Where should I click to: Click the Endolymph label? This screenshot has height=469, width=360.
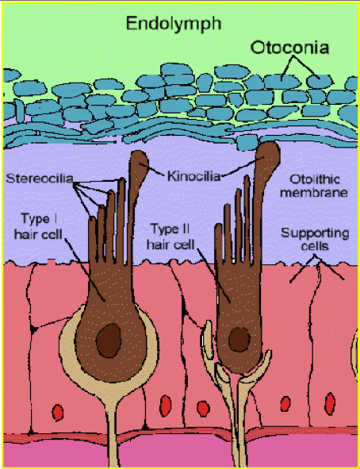tap(174, 24)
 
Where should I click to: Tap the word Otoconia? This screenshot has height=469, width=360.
tap(289, 48)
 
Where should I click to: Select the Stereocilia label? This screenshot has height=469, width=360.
tap(40, 179)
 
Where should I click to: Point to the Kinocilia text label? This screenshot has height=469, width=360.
tap(193, 176)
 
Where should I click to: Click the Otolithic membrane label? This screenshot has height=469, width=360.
tap(314, 186)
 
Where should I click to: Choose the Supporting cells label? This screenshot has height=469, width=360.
tap(315, 240)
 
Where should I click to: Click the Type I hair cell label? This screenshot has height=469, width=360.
tap(38, 226)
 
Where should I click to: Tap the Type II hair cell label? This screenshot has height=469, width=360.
tap(170, 236)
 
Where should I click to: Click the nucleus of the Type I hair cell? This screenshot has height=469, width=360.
tap(109, 340)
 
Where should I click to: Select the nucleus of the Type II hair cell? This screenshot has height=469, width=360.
tap(239, 340)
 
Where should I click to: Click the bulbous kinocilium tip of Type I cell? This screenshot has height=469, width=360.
tap(140, 163)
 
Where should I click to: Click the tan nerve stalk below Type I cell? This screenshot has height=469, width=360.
tap(111, 434)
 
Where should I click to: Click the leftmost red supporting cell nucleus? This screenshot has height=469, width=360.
tap(58, 413)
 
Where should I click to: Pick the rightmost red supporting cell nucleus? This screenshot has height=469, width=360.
tap(330, 403)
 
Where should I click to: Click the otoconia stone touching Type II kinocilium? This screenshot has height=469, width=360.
tap(247, 142)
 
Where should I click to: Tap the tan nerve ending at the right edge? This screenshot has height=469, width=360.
tap(355, 353)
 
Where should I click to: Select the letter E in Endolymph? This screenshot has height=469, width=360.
tap(132, 23)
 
